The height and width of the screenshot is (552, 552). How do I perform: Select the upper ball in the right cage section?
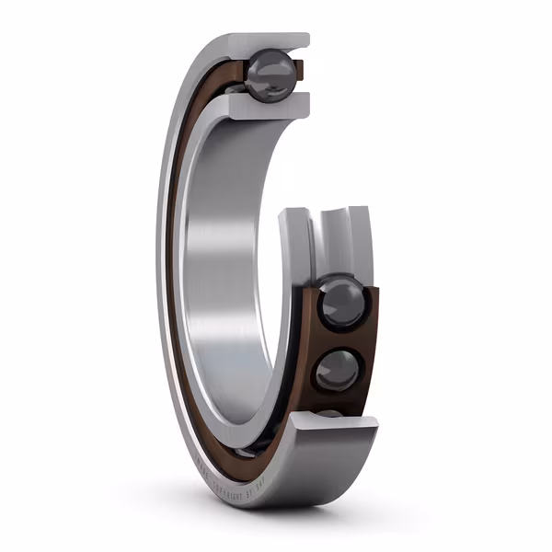click(341, 305)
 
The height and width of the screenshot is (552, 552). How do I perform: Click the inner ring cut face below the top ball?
click(267, 106)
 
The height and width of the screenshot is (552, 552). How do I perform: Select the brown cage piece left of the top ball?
click(237, 72)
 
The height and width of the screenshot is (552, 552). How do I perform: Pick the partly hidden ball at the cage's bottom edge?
click(329, 413)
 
